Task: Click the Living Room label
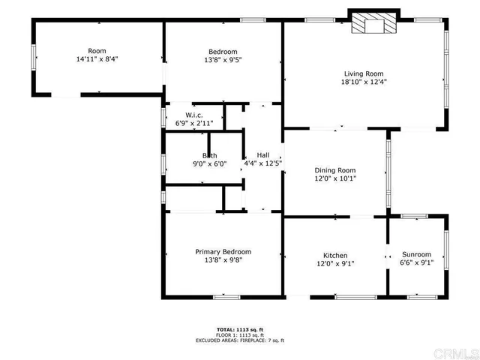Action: coord(364,73)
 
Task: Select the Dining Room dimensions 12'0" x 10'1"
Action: coord(335,178)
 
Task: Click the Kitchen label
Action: coord(335,255)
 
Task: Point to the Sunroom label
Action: coord(416,254)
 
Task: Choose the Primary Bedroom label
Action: coord(223,251)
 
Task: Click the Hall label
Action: coord(262,154)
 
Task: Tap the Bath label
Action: coord(209,155)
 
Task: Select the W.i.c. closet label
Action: coord(194,115)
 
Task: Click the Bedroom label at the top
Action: coord(223,51)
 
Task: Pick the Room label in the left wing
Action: coord(97,50)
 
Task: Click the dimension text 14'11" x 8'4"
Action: coord(97,58)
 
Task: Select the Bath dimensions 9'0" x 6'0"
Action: coord(209,163)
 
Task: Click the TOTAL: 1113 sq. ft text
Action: coord(239,329)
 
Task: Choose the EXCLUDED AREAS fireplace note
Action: coord(239,340)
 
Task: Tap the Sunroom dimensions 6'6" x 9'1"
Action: coord(416,262)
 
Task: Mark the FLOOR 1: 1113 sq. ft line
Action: coord(239,334)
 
